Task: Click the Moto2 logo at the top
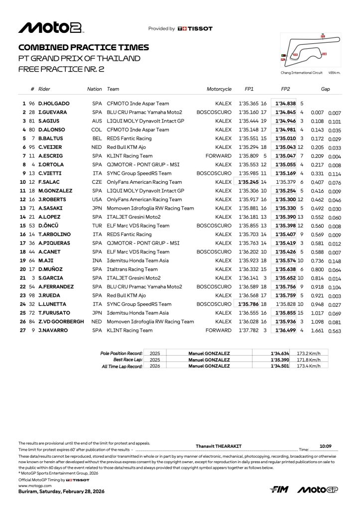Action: click(50, 28)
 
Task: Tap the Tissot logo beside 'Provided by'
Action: click(195, 29)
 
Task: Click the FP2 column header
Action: click(285, 89)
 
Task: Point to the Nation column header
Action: click(94, 89)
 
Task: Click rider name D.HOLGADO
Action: click(54, 104)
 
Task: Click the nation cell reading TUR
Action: click(97, 226)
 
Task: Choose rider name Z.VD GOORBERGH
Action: click(61, 321)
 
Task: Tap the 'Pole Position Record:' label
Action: click(121, 353)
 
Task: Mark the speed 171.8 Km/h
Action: click(307, 360)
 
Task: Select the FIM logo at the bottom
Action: click(279, 490)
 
